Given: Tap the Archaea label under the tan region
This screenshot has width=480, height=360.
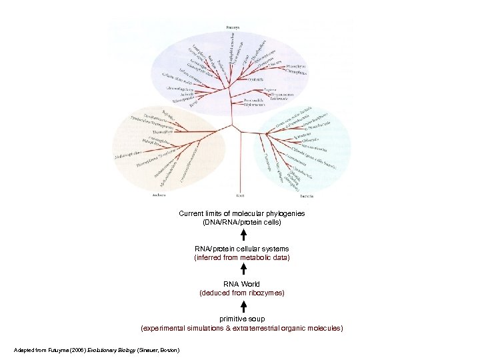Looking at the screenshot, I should (159, 195).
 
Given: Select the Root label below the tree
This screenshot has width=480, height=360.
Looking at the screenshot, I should (240, 195).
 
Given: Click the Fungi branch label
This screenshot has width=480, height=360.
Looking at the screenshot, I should (193, 103).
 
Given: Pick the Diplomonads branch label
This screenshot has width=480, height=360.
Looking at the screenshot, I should (254, 105).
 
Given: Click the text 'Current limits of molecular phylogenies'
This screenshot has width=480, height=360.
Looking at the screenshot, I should (242, 213).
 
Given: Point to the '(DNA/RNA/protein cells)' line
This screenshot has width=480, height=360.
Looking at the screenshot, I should (242, 221).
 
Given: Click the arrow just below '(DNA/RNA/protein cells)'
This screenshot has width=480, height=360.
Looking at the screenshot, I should (243, 235).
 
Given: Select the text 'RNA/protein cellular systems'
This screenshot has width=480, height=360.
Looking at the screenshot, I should (242, 249).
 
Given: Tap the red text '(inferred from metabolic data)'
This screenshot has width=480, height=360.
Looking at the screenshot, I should (242, 257).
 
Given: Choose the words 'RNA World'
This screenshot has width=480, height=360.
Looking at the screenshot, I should (242, 285).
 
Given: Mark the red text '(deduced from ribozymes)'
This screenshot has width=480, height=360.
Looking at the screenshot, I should (242, 293).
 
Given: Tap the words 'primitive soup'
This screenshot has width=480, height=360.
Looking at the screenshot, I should (242, 320).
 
